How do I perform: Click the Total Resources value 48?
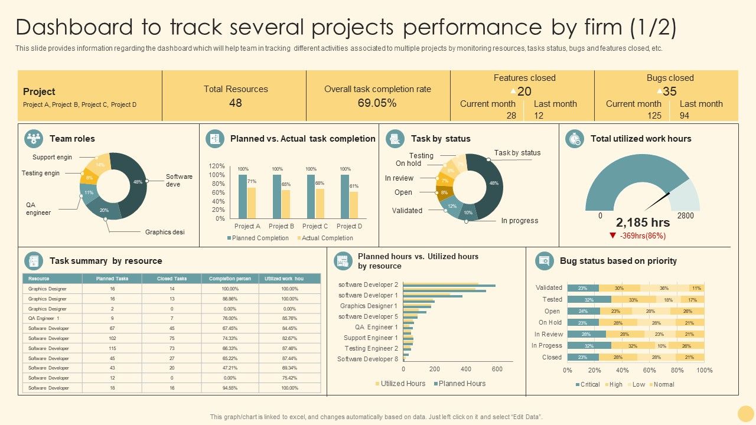coord(235,103)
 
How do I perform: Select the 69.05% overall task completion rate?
coord(377,103)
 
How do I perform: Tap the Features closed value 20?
coord(524,91)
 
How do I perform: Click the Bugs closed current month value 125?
coord(654,116)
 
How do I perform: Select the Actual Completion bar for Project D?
coord(354,205)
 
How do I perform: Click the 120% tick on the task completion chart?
coord(217,166)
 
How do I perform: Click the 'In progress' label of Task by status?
coord(519,221)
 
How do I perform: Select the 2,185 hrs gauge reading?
coord(643,223)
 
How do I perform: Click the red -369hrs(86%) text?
coord(643,236)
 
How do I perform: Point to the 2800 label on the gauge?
coord(685,216)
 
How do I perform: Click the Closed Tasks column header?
coord(172,279)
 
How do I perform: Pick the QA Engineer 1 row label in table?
coord(44,319)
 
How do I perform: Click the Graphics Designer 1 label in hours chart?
coord(369,306)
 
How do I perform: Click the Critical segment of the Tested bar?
coord(589,299)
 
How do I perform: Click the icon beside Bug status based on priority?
coord(543,261)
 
